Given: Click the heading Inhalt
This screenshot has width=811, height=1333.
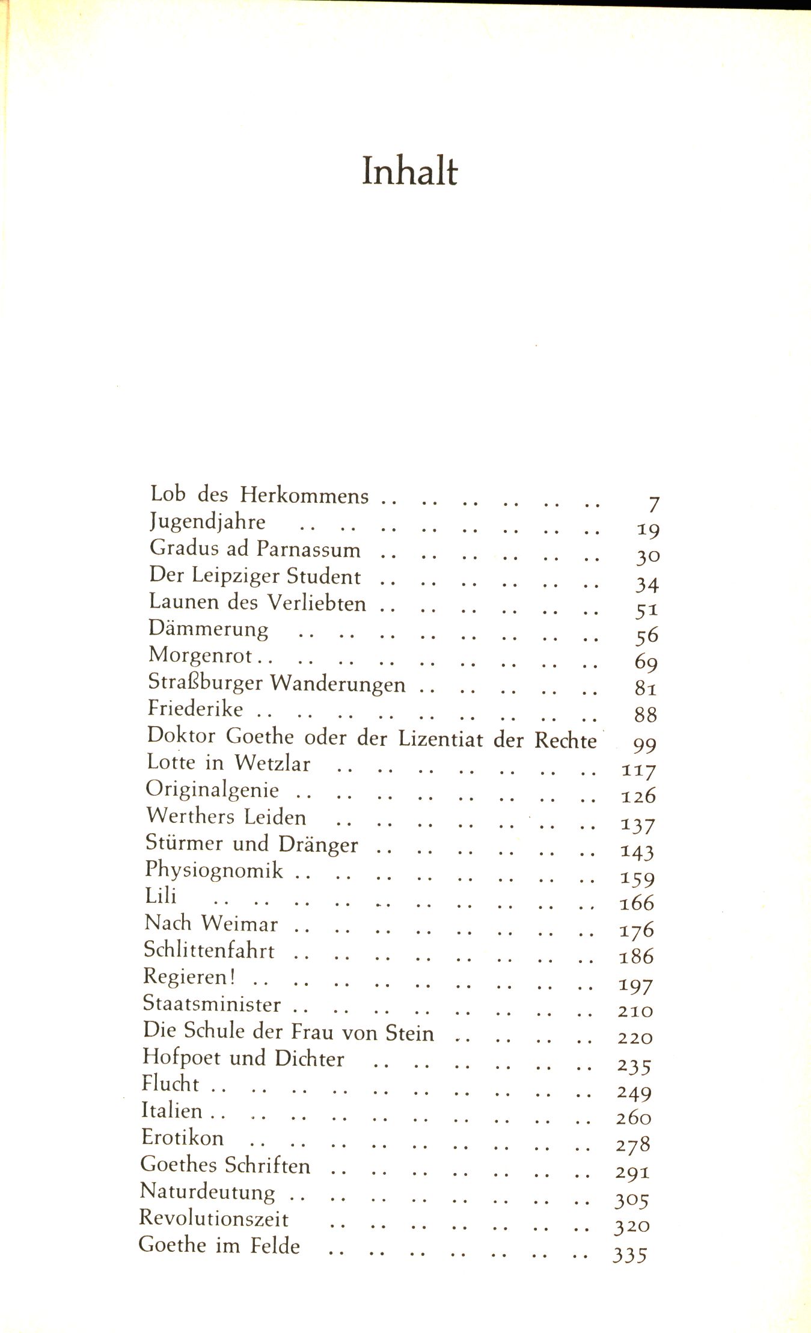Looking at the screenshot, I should pyautogui.click(x=409, y=171).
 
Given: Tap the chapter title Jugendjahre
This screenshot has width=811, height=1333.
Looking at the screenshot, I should pyautogui.click(x=207, y=522).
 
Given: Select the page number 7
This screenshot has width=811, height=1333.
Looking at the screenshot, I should pyautogui.click(x=653, y=504).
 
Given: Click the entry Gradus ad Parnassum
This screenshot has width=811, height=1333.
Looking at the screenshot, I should pyautogui.click(x=255, y=549).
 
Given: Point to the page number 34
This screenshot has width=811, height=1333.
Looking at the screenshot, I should pyautogui.click(x=647, y=583).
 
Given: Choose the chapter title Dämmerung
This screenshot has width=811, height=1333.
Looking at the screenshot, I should pyautogui.click(x=209, y=629).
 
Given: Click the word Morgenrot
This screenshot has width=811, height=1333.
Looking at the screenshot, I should pyautogui.click(x=201, y=656).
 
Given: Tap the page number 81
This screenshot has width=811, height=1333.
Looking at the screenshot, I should pyautogui.click(x=646, y=688).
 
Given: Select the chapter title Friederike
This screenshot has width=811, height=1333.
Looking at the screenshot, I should pyautogui.click(x=195, y=709).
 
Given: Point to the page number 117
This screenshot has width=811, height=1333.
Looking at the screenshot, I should pyautogui.click(x=638, y=770).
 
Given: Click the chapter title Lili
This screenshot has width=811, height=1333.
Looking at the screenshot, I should pyautogui.click(x=161, y=896).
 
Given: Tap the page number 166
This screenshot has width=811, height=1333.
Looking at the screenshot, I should pyautogui.click(x=637, y=903).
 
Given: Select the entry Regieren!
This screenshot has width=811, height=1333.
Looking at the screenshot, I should pyautogui.click(x=189, y=976).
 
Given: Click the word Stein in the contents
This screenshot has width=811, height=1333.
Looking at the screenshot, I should pyautogui.click(x=409, y=1032).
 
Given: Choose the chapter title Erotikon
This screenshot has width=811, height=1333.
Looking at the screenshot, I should pyautogui.click(x=182, y=1138).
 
